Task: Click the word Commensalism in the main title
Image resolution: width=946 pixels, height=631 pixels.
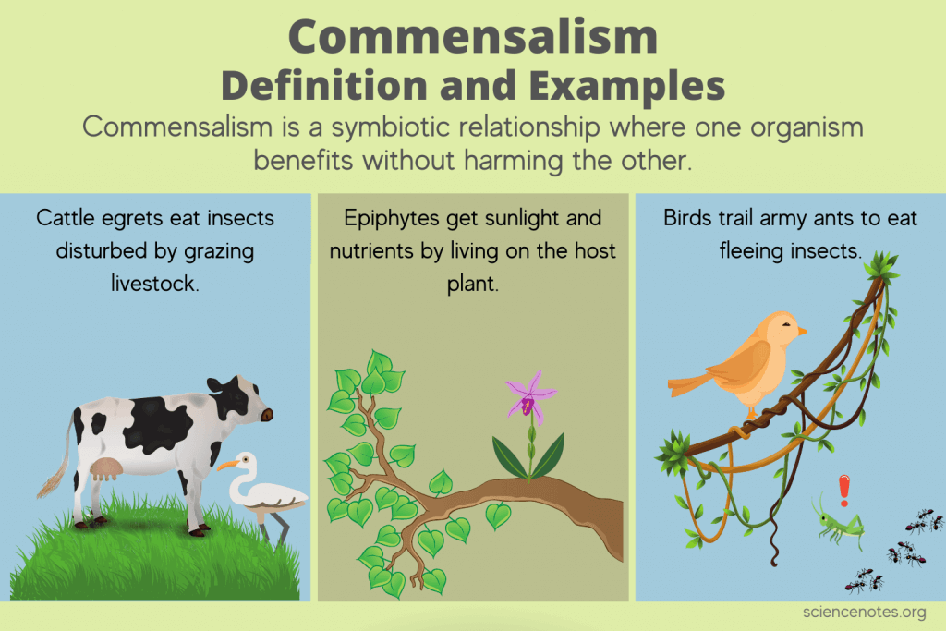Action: (x=473, y=37)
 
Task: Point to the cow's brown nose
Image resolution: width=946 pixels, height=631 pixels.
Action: (x=267, y=416)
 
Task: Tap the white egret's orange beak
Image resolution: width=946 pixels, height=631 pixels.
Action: (x=227, y=466)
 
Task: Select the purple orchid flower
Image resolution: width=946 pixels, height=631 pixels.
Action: (x=528, y=400)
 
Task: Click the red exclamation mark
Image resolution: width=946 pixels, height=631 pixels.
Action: (x=843, y=491)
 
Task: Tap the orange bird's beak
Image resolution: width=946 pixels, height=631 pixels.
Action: (x=802, y=330)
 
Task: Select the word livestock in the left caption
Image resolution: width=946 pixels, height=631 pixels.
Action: (x=156, y=282)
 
